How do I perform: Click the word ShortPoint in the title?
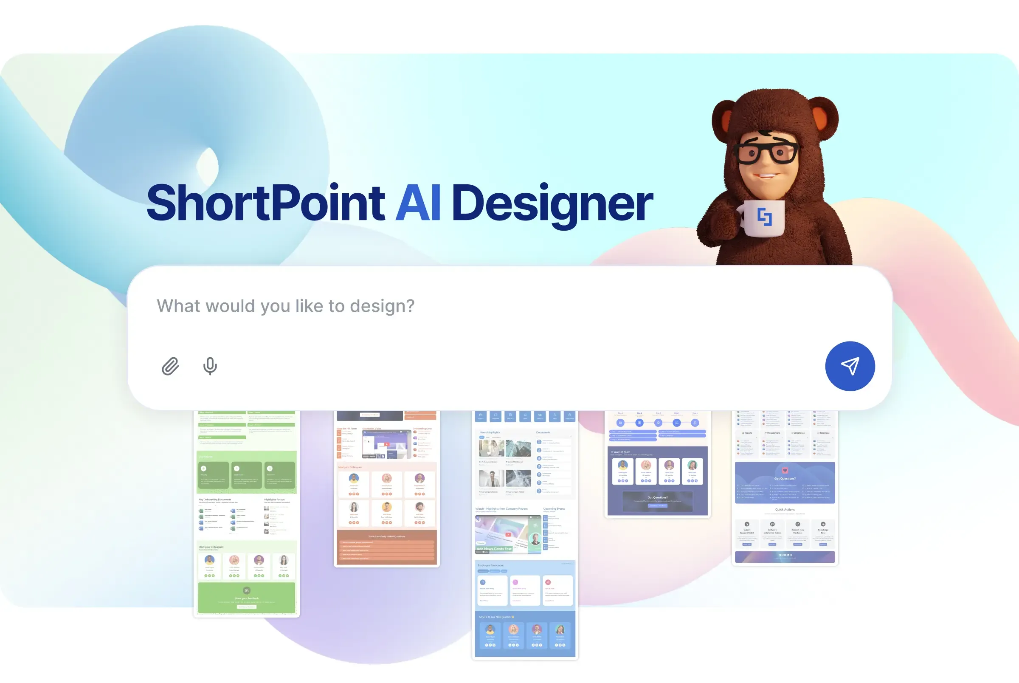(x=265, y=203)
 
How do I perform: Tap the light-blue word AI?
(x=418, y=203)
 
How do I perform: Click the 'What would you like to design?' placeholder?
(x=286, y=306)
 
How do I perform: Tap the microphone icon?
(x=210, y=366)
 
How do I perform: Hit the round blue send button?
(x=849, y=366)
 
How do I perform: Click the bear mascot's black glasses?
(x=766, y=152)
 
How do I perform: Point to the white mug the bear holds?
(x=762, y=218)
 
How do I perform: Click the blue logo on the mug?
(x=764, y=217)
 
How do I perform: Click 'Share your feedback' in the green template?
(x=246, y=598)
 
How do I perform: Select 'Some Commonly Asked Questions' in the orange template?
(x=386, y=536)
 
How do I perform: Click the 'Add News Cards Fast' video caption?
(x=494, y=549)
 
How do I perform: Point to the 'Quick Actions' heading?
(x=784, y=509)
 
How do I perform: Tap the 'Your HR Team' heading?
(x=622, y=452)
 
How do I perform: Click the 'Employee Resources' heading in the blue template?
(x=490, y=565)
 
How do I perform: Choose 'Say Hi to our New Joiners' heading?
(x=496, y=617)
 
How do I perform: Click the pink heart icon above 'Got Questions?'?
(x=785, y=471)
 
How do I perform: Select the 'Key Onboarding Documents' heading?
(x=214, y=500)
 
